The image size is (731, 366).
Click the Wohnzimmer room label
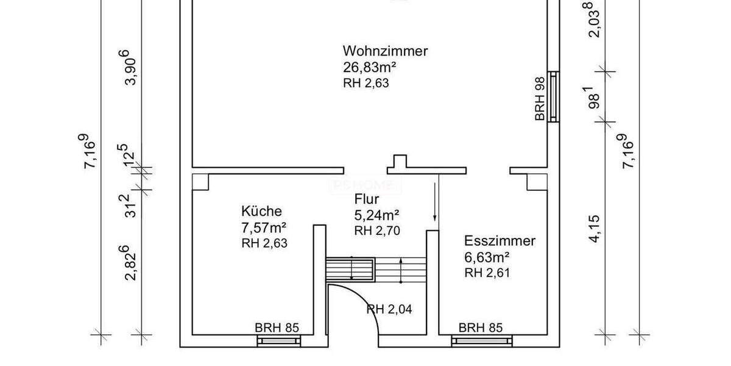385,51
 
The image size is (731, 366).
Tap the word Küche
261,212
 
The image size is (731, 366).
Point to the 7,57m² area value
264,228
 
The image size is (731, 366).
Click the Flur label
367,199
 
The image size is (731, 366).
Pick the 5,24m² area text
376,215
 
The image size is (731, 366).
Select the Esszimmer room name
500,241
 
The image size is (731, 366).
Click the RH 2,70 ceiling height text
376,231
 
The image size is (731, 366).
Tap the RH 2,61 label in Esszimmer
487,272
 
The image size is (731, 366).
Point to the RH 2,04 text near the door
390,309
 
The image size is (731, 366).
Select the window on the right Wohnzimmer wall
553,96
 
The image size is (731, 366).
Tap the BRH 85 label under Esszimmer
481,328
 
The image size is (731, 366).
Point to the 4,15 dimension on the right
594,228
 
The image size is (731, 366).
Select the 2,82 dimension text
130,264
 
